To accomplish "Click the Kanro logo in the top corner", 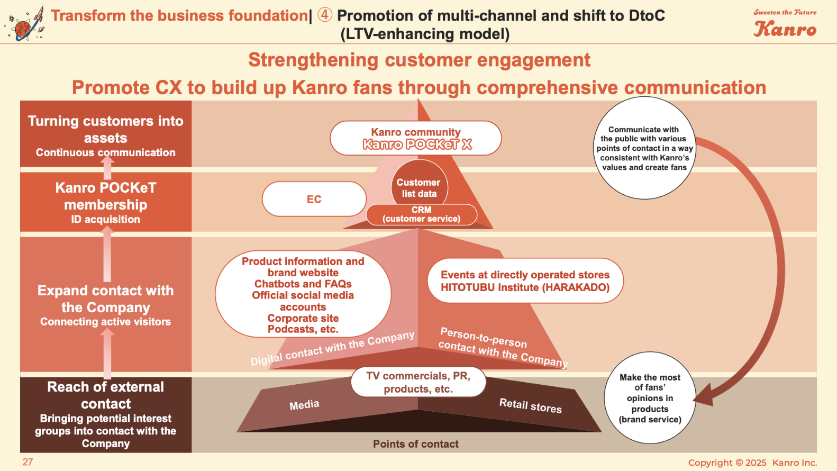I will tap(785, 24).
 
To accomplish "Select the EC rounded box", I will tap(314, 199).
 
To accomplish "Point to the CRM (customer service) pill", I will tap(421, 214).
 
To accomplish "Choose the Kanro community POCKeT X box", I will tap(416, 138).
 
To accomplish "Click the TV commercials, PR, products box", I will tap(418, 382).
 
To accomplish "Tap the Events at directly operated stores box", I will tap(525, 280).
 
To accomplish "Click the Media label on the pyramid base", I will tap(304, 405).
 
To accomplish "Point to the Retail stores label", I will tap(530, 405).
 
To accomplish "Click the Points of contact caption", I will tap(415, 444).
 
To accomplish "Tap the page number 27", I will tap(28, 462).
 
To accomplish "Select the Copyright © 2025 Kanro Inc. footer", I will tap(752, 463).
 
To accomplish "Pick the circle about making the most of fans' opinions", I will tap(650, 398).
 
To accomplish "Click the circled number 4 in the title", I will tap(325, 15).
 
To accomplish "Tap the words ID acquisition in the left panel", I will tap(105, 219).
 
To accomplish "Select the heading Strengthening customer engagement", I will tap(419, 60).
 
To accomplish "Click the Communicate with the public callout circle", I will tap(644, 148).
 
